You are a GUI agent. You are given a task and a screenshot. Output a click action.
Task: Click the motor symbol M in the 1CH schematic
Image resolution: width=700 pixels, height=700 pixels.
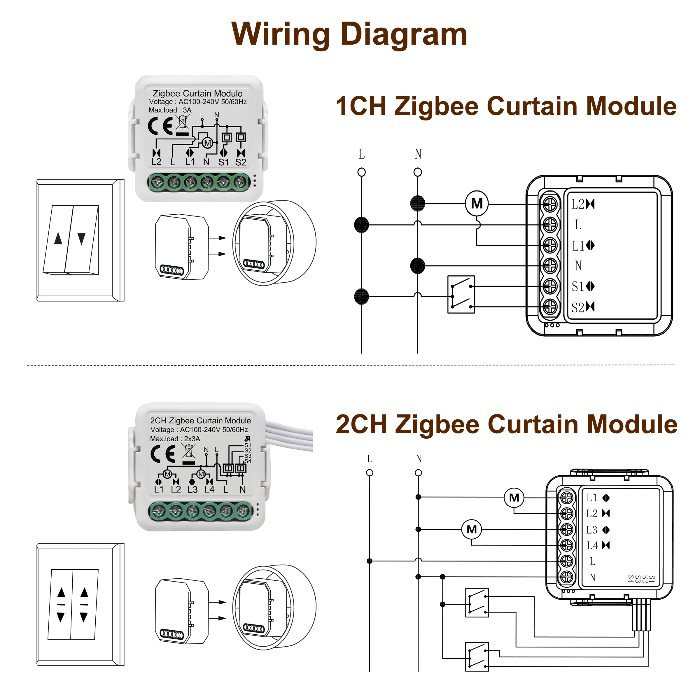click(x=477, y=204)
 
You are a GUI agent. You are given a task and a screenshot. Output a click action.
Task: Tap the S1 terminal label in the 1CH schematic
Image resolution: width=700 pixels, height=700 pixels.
click(x=577, y=287)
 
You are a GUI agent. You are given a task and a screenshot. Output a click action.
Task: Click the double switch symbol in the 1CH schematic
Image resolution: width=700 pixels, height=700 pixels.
click(x=461, y=295)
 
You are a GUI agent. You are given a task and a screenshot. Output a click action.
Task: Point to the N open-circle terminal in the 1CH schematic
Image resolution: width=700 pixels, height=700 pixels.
click(x=417, y=172)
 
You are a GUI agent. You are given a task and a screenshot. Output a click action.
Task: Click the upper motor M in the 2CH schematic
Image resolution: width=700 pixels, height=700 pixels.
click(x=514, y=498)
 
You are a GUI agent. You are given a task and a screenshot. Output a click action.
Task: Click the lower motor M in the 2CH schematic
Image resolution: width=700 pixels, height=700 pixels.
click(x=471, y=529)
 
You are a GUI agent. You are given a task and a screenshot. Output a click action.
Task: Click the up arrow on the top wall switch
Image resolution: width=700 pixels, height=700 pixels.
click(x=58, y=238)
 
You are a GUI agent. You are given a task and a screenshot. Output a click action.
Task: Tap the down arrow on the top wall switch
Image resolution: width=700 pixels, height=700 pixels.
click(x=82, y=238)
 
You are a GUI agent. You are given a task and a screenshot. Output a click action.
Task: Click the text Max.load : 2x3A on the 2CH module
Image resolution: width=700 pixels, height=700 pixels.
click(x=175, y=439)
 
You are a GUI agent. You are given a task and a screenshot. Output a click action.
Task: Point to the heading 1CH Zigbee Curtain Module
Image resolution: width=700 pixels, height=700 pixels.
click(x=506, y=106)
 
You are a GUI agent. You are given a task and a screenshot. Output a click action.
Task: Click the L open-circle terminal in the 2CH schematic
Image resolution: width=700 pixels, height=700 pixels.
click(x=370, y=473)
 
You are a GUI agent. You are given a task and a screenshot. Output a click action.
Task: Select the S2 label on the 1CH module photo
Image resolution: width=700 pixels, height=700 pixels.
click(x=241, y=162)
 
